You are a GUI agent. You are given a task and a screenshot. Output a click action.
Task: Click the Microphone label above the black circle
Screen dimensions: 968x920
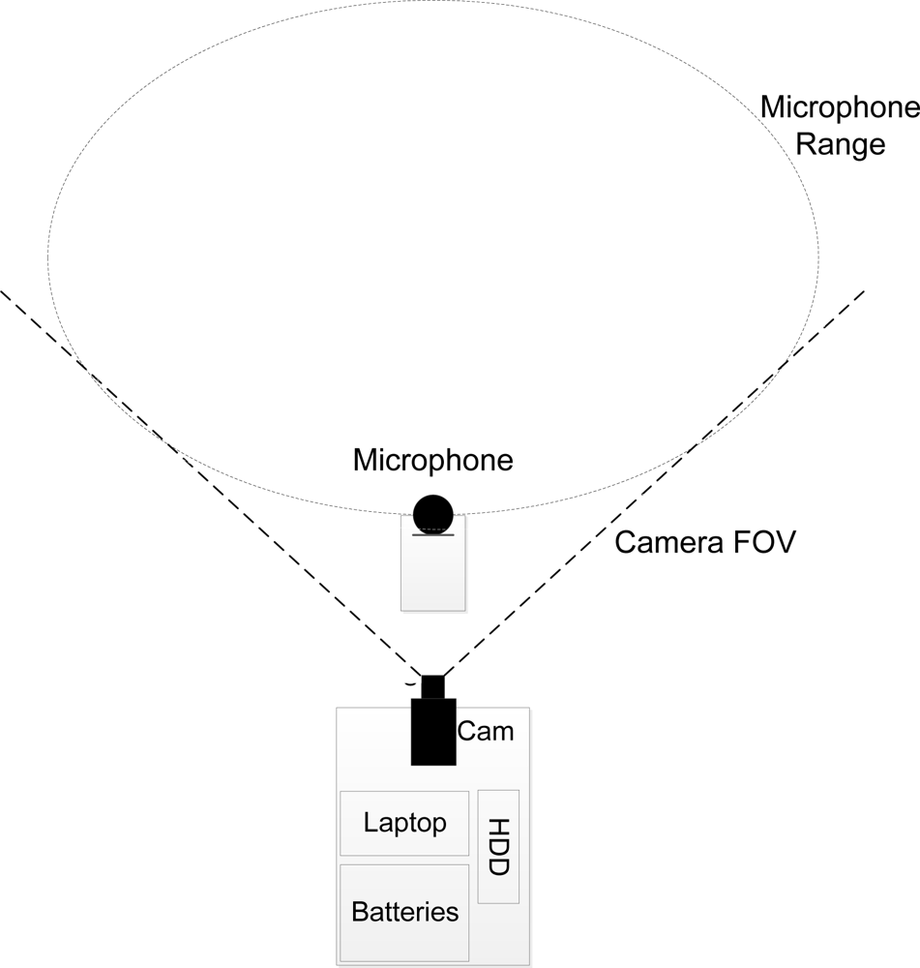pyautogui.click(x=432, y=461)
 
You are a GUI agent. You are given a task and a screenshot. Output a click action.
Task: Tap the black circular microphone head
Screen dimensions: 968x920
pyautogui.click(x=432, y=514)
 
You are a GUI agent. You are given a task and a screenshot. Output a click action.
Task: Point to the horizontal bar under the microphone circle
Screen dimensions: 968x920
pyautogui.click(x=432, y=534)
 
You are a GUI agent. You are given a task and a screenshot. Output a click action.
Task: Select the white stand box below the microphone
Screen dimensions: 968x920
pyautogui.click(x=432, y=576)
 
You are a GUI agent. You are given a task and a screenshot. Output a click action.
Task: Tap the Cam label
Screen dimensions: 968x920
pyautogui.click(x=486, y=732)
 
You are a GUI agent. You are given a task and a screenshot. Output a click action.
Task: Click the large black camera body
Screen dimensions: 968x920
pyautogui.click(x=432, y=732)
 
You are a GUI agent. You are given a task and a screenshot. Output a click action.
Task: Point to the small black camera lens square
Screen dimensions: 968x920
pyautogui.click(x=432, y=686)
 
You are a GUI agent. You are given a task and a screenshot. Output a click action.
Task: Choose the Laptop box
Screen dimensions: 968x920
pyautogui.click(x=404, y=824)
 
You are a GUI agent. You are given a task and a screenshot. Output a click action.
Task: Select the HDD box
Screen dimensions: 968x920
pyautogui.click(x=498, y=846)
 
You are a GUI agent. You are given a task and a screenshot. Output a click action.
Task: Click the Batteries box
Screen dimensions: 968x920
pyautogui.click(x=404, y=912)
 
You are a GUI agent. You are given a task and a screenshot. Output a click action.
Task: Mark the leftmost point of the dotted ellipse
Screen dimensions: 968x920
pyautogui.click(x=48, y=257)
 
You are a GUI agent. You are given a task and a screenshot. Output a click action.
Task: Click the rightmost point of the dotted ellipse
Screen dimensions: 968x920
pyautogui.click(x=818, y=257)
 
